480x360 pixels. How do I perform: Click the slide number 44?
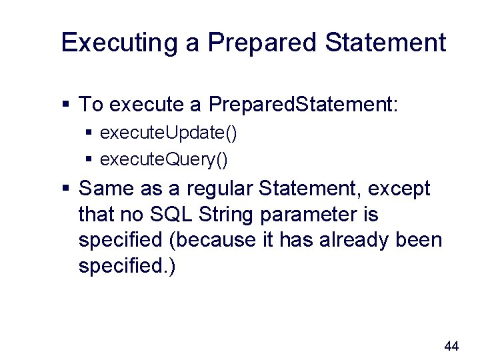click(x=451, y=345)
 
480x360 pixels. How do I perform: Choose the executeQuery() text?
click(x=164, y=159)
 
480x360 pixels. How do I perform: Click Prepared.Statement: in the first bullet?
click(x=303, y=104)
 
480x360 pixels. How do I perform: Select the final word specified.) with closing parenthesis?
click(x=127, y=265)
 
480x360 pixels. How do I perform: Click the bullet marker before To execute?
click(x=65, y=105)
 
